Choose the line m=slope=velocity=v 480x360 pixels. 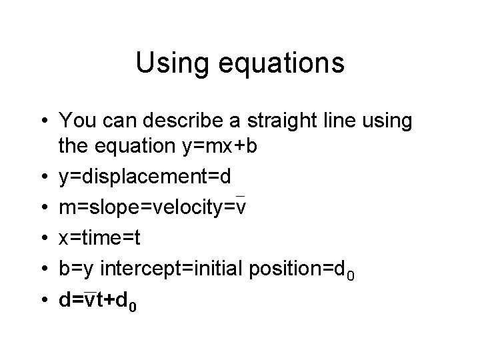pyautogui.click(x=153, y=207)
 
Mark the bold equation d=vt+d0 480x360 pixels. pyautogui.click(x=99, y=301)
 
